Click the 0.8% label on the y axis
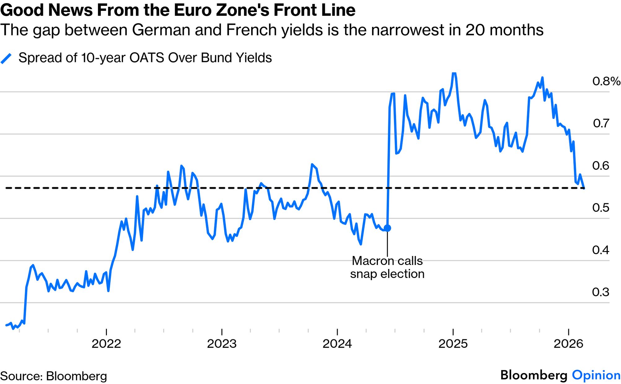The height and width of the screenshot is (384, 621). point(606,81)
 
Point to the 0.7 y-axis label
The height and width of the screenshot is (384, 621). point(601,123)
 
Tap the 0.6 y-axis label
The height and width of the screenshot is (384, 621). point(601,166)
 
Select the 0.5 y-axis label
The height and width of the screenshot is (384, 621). point(601,208)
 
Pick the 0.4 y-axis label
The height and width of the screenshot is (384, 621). point(601,250)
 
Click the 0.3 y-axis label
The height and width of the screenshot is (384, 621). point(601,292)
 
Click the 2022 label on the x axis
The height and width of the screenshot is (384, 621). point(106,344)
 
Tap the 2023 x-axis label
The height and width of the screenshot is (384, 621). point(222,344)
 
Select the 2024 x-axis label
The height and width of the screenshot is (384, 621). point(337,344)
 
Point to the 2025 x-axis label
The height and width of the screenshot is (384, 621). point(453,344)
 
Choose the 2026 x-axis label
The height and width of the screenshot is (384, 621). point(568,344)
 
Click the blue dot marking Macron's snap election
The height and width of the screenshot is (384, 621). point(387,228)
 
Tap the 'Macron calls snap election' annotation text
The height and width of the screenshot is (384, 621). point(387,267)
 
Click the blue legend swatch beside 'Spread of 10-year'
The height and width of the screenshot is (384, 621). point(6,58)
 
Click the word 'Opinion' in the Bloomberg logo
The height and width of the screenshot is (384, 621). point(596,375)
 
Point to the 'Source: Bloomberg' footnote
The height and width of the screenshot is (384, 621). point(54,376)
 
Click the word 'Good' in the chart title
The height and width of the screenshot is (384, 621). point(22,10)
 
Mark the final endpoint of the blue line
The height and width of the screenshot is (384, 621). point(584,188)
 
